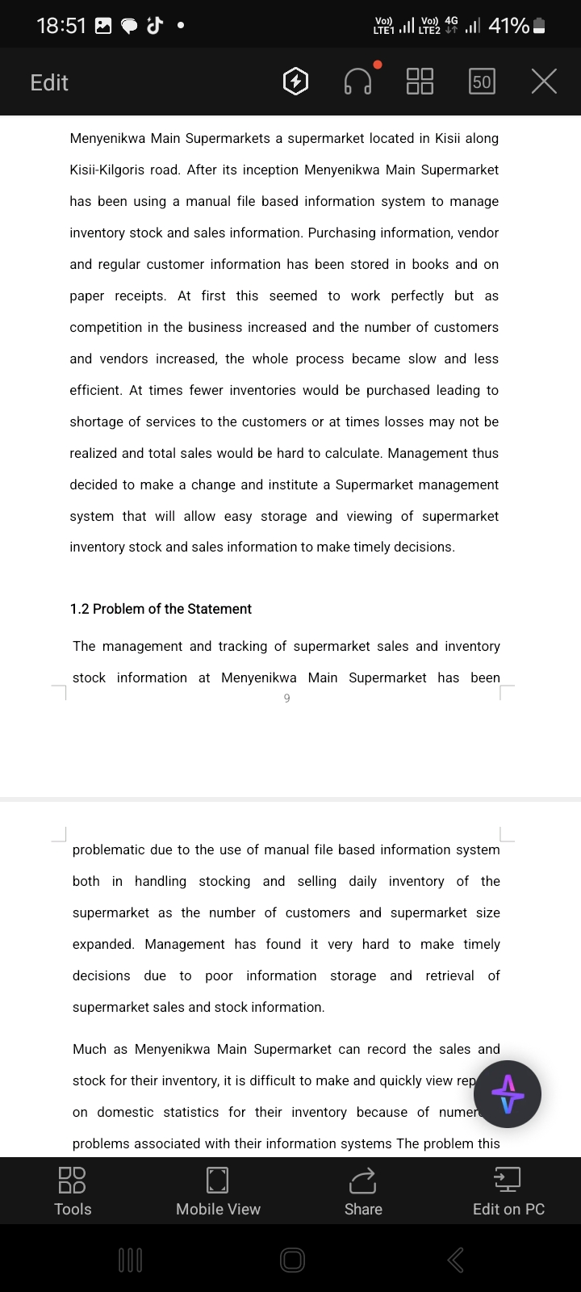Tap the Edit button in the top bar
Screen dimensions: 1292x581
click(49, 82)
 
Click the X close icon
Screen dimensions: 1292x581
click(544, 82)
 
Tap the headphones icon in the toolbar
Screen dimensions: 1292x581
click(358, 82)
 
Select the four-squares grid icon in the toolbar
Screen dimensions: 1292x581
click(420, 82)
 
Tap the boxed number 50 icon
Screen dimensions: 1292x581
click(482, 82)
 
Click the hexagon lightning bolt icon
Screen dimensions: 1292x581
click(296, 82)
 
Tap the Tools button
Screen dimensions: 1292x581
click(73, 1191)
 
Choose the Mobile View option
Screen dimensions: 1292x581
click(218, 1191)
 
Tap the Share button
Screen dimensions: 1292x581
click(363, 1191)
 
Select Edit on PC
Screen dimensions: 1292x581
click(508, 1191)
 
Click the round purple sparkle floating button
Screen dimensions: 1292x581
click(507, 1094)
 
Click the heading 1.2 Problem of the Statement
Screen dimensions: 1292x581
click(161, 609)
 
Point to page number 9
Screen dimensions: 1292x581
click(286, 698)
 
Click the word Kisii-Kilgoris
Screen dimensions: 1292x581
click(111, 170)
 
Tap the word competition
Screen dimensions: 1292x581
click(107, 328)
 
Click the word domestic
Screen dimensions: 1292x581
click(125, 1113)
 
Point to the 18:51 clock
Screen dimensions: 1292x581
click(61, 26)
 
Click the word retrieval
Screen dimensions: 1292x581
click(449, 976)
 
